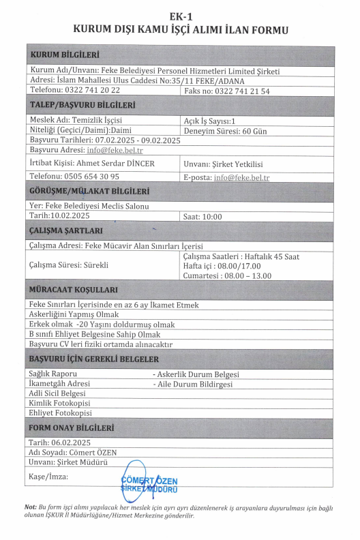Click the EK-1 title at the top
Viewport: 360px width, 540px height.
(x=180, y=16)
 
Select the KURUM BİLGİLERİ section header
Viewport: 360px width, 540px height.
(x=65, y=55)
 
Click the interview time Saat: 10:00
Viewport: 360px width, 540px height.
(x=202, y=216)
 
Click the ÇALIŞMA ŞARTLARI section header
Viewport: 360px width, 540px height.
(x=66, y=230)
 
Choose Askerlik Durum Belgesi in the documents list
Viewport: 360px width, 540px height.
(x=198, y=374)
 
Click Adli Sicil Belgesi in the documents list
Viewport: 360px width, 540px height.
(x=57, y=393)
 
